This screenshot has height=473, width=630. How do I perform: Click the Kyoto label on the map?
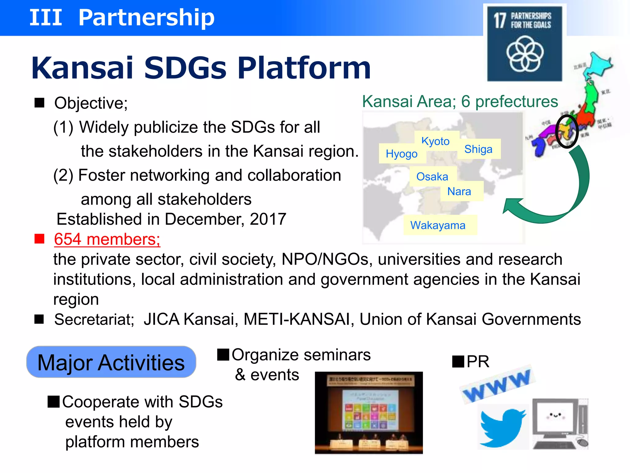point(435,141)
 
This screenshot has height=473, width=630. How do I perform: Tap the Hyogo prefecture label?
point(401,154)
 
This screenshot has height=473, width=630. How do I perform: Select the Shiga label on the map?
point(478,149)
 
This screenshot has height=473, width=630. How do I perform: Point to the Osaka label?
point(432,177)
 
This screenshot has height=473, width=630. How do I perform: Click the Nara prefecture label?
point(459,191)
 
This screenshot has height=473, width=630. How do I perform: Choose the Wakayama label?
point(437,225)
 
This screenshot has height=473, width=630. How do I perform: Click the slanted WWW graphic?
point(497,385)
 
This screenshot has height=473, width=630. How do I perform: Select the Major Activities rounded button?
point(111,362)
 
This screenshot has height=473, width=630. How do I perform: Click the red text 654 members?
point(107,239)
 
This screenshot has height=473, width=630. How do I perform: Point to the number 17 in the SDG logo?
point(500,21)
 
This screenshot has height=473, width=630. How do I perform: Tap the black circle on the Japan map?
point(567,131)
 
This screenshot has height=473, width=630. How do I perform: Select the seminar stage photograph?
point(369,412)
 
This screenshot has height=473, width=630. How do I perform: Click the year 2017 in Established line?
point(268,219)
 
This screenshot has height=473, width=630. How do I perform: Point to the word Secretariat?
point(94,319)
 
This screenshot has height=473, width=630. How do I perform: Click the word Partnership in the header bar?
point(146,17)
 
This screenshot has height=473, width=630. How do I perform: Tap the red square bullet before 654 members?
point(39,239)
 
